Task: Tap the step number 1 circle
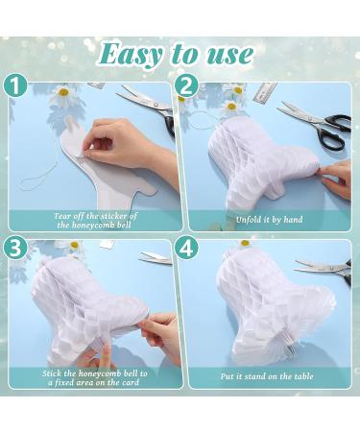tap(15, 85)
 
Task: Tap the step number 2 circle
tap(186, 85)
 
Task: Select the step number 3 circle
tap(15, 248)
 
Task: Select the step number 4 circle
tap(186, 248)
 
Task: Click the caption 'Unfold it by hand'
tap(269, 220)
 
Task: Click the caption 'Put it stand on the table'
tap(267, 376)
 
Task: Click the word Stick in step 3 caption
tap(52, 373)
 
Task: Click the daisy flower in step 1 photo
tap(63, 93)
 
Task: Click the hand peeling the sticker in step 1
tap(128, 144)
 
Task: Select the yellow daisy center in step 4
tap(245, 243)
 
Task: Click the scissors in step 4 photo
tap(324, 269)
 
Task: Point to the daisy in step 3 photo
tap(73, 246)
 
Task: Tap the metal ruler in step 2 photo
tap(265, 92)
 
